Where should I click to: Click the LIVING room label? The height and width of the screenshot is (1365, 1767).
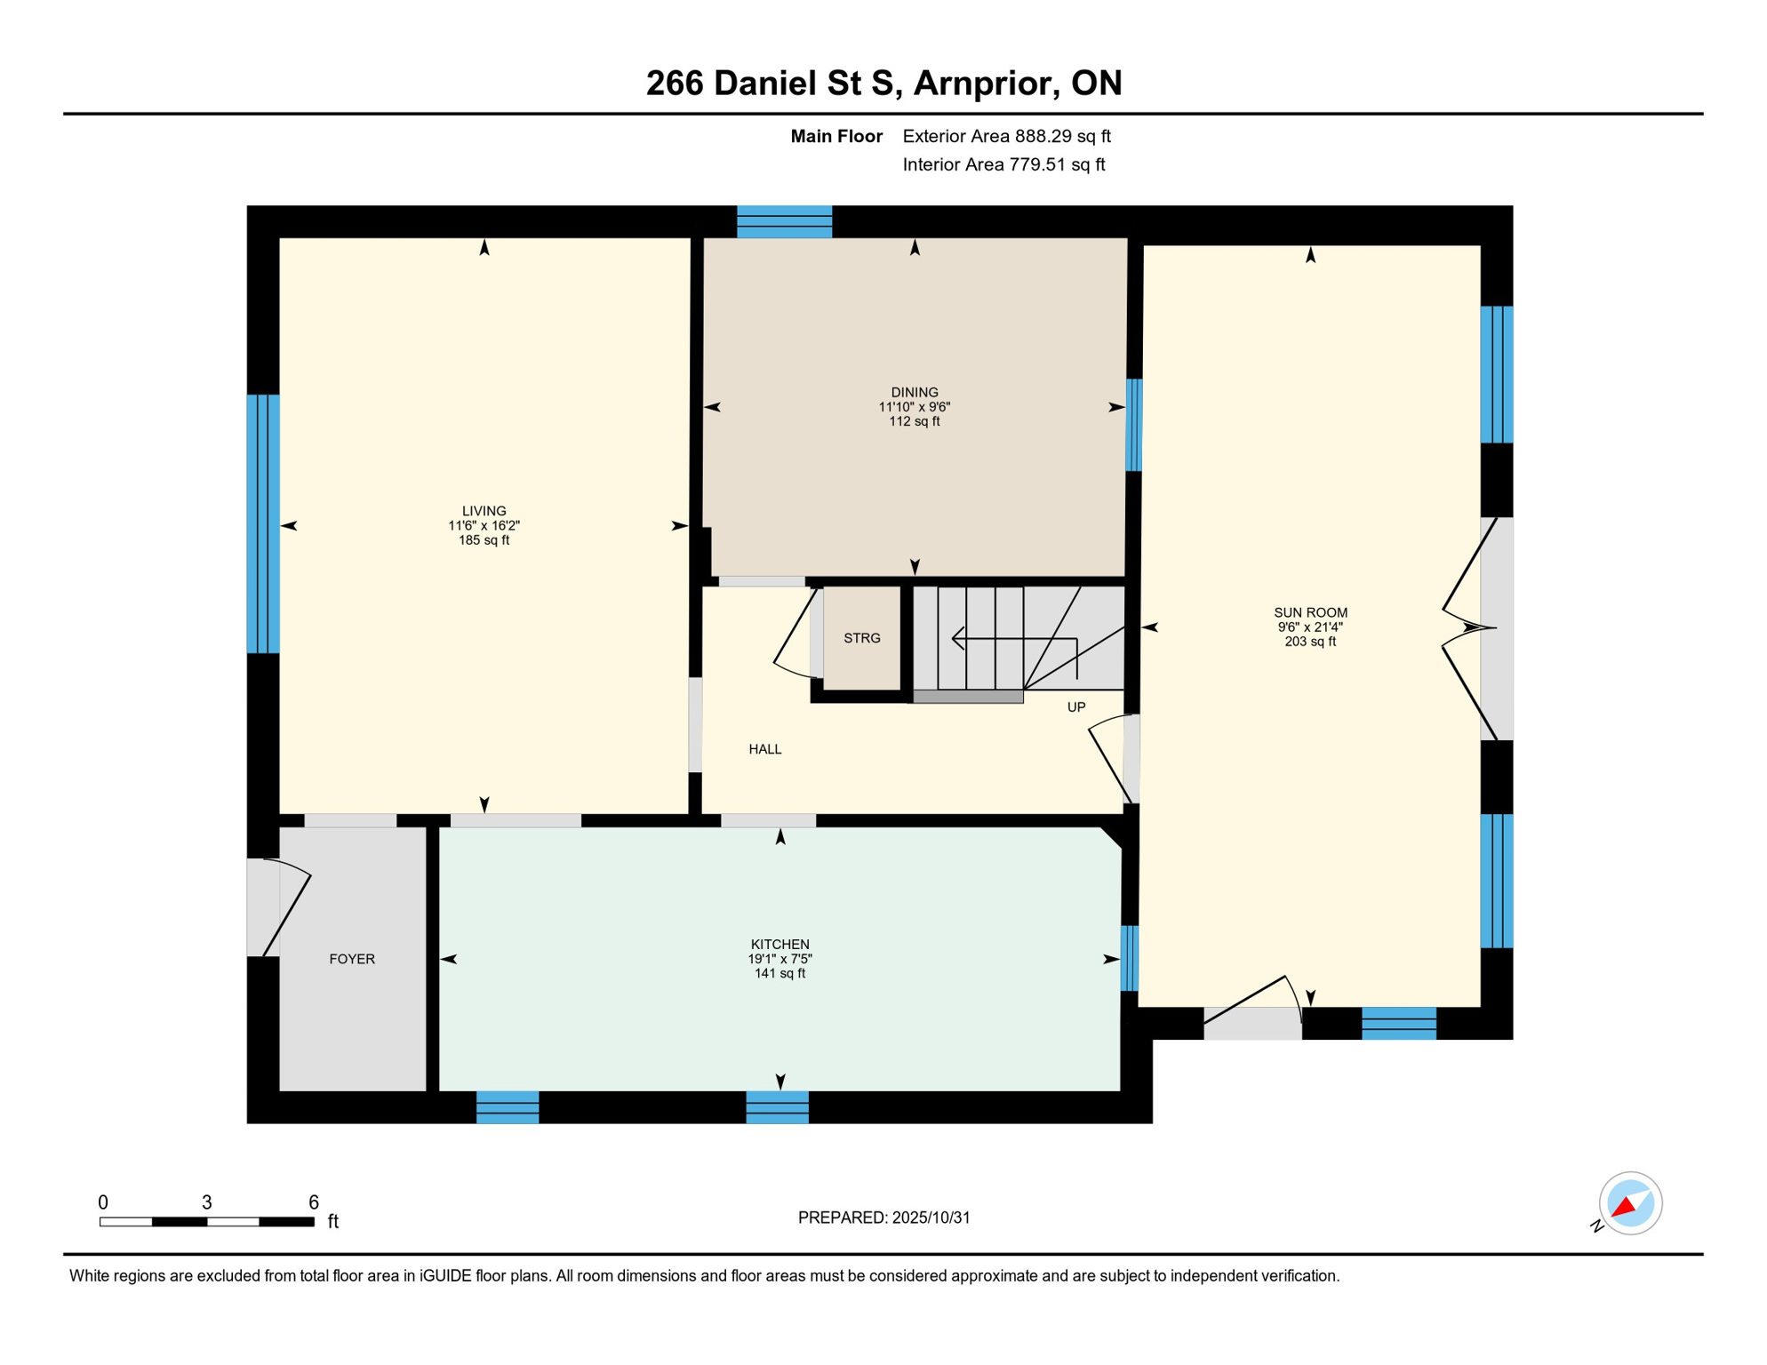(484, 511)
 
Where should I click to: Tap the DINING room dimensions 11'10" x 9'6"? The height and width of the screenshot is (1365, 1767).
(915, 407)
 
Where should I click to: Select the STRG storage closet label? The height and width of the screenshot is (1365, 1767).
(861, 638)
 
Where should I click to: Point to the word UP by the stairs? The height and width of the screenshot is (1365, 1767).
(1075, 707)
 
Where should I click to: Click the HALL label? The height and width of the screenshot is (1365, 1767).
(764, 749)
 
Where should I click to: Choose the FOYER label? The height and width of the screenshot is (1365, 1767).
(352, 959)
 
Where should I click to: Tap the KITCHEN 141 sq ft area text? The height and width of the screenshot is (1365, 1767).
(780, 973)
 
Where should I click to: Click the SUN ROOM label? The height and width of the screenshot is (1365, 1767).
(1310, 612)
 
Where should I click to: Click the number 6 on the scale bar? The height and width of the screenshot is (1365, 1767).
(314, 1202)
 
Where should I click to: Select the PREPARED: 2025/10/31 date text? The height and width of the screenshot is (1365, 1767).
(883, 1217)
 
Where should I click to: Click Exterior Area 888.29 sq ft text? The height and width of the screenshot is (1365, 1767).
(1006, 136)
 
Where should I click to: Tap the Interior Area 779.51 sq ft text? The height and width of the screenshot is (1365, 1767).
(1003, 164)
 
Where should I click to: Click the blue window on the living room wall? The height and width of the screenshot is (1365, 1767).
(263, 524)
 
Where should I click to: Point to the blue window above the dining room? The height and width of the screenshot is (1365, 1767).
(784, 222)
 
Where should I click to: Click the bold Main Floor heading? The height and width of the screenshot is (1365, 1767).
(836, 136)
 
